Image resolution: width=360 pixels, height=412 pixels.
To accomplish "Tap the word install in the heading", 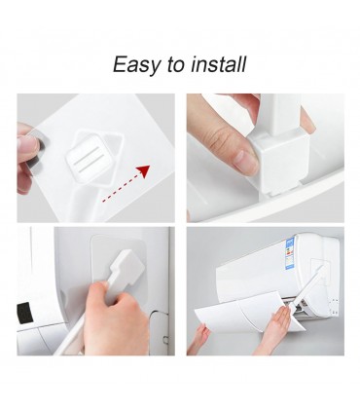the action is (x=218, y=64).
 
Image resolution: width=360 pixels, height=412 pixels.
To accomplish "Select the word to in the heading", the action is (x=175, y=65).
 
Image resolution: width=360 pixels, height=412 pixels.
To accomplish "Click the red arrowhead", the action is (x=143, y=170).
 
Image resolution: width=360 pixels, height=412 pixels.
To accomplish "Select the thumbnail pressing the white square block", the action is (x=246, y=161).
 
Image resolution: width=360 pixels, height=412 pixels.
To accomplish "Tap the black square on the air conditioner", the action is (x=24, y=313).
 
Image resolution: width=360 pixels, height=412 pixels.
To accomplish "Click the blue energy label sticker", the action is (x=289, y=254).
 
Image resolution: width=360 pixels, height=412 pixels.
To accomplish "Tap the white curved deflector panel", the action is (x=245, y=311).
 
